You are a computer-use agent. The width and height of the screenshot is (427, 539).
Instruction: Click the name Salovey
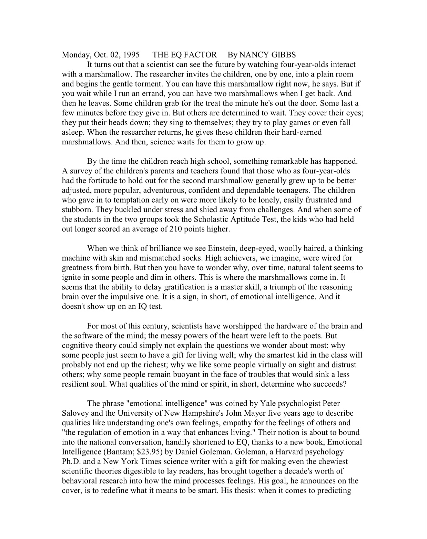75,413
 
